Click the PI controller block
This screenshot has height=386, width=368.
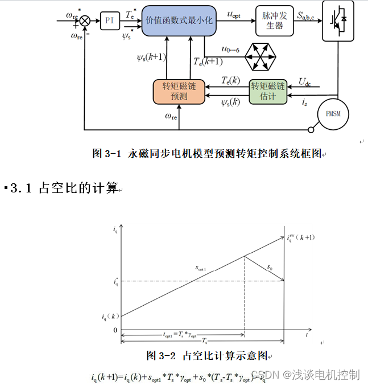(x=109, y=21)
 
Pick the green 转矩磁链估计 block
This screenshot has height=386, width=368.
(x=268, y=91)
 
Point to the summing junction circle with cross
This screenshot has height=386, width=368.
(x=85, y=20)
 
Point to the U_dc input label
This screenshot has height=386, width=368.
(x=304, y=82)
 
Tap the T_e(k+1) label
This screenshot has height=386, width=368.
(x=208, y=61)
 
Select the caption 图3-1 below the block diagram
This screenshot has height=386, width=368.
(x=207, y=154)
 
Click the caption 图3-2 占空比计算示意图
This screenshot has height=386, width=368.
(x=207, y=355)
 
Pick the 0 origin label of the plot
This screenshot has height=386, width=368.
(x=115, y=330)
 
